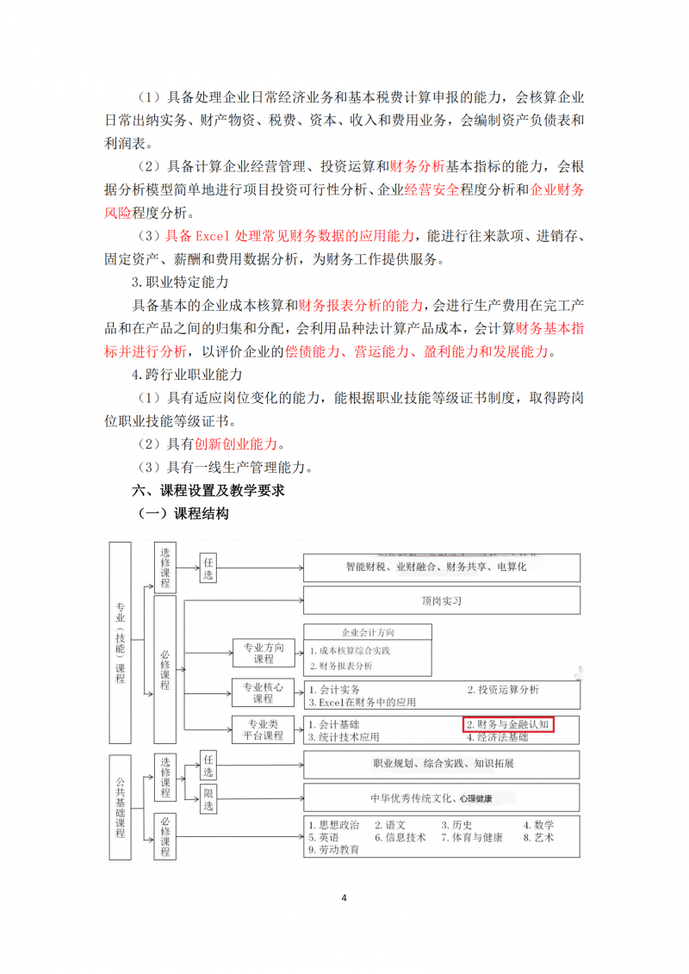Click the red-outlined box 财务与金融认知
(508, 724)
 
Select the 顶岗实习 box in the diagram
(440, 601)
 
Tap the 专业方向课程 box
(264, 653)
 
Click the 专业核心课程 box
(264, 692)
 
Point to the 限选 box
(208, 800)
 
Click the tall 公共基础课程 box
(120, 808)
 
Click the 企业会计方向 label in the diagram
(368, 632)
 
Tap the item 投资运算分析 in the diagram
(503, 689)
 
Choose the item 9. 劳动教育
(334, 849)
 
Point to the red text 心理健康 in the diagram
(476, 798)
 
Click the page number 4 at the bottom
(344, 898)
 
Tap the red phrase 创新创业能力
(237, 444)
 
